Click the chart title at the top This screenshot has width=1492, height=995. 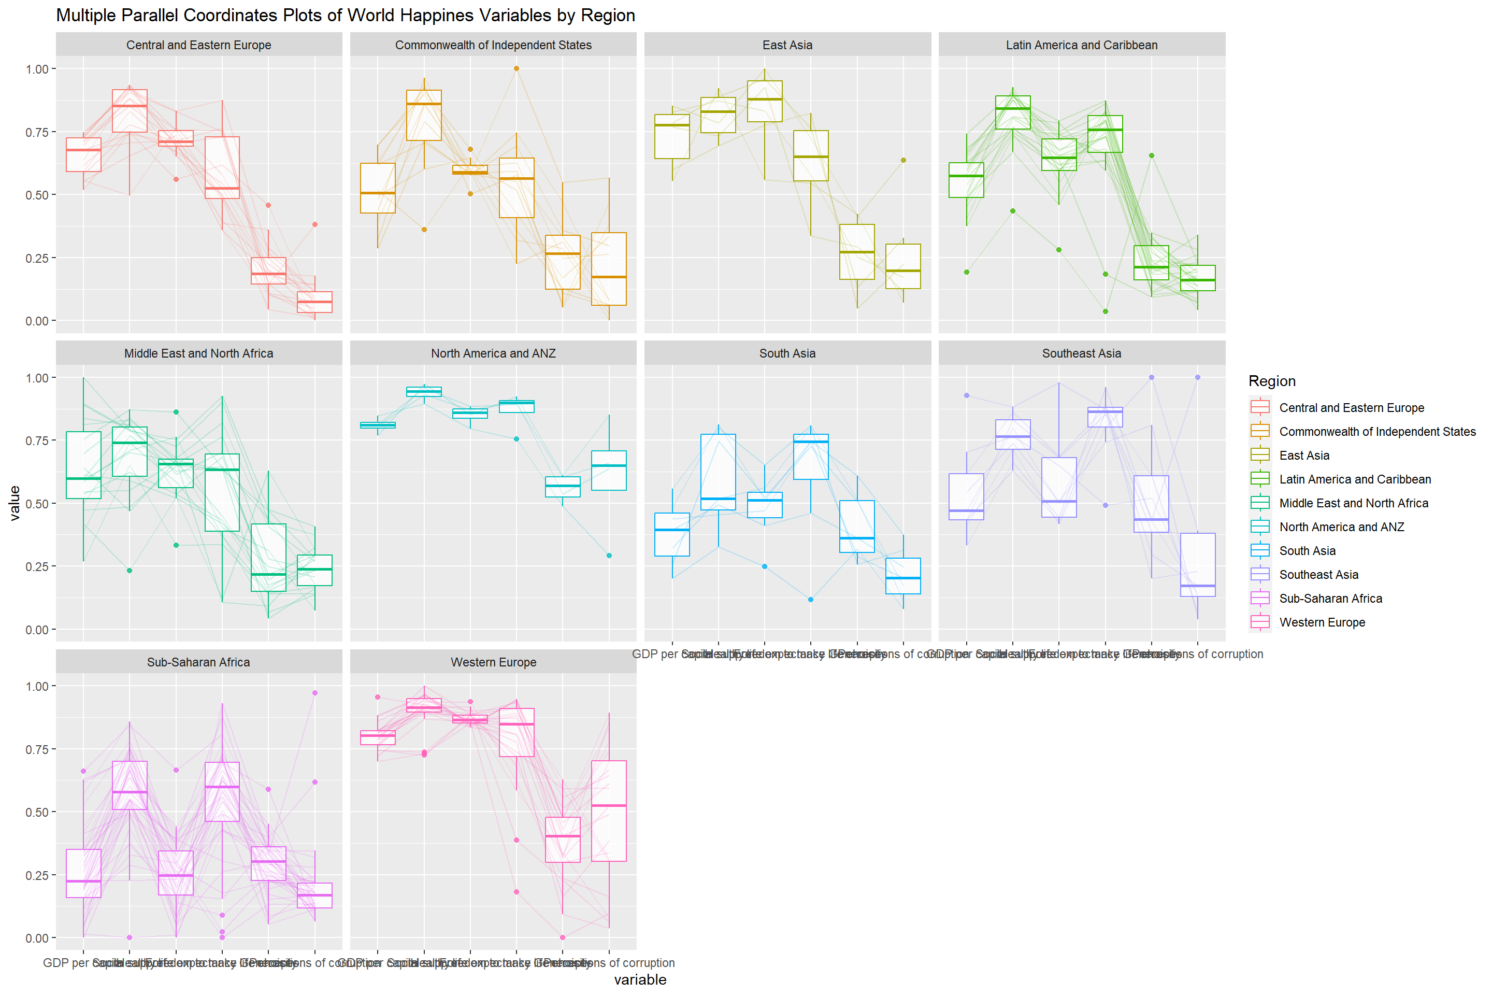346,15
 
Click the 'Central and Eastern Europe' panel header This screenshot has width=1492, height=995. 198,45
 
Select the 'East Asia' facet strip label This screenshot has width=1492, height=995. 787,45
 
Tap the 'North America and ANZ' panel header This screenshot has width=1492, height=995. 493,353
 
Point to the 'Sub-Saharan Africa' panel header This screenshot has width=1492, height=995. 198,662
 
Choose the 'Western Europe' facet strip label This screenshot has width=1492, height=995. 493,662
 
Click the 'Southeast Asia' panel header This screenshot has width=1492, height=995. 1082,353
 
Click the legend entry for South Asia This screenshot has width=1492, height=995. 1307,551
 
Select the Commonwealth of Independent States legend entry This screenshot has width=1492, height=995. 1376,432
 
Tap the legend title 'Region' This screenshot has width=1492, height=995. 1272,381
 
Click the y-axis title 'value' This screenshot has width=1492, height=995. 15,503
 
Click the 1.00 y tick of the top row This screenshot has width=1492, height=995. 37,68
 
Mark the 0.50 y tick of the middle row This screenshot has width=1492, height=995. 37,503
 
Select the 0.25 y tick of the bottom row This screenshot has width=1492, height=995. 37,875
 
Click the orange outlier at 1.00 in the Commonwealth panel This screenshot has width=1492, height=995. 517,68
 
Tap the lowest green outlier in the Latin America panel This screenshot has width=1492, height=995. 1105,311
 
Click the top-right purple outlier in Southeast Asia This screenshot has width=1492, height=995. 1198,378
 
